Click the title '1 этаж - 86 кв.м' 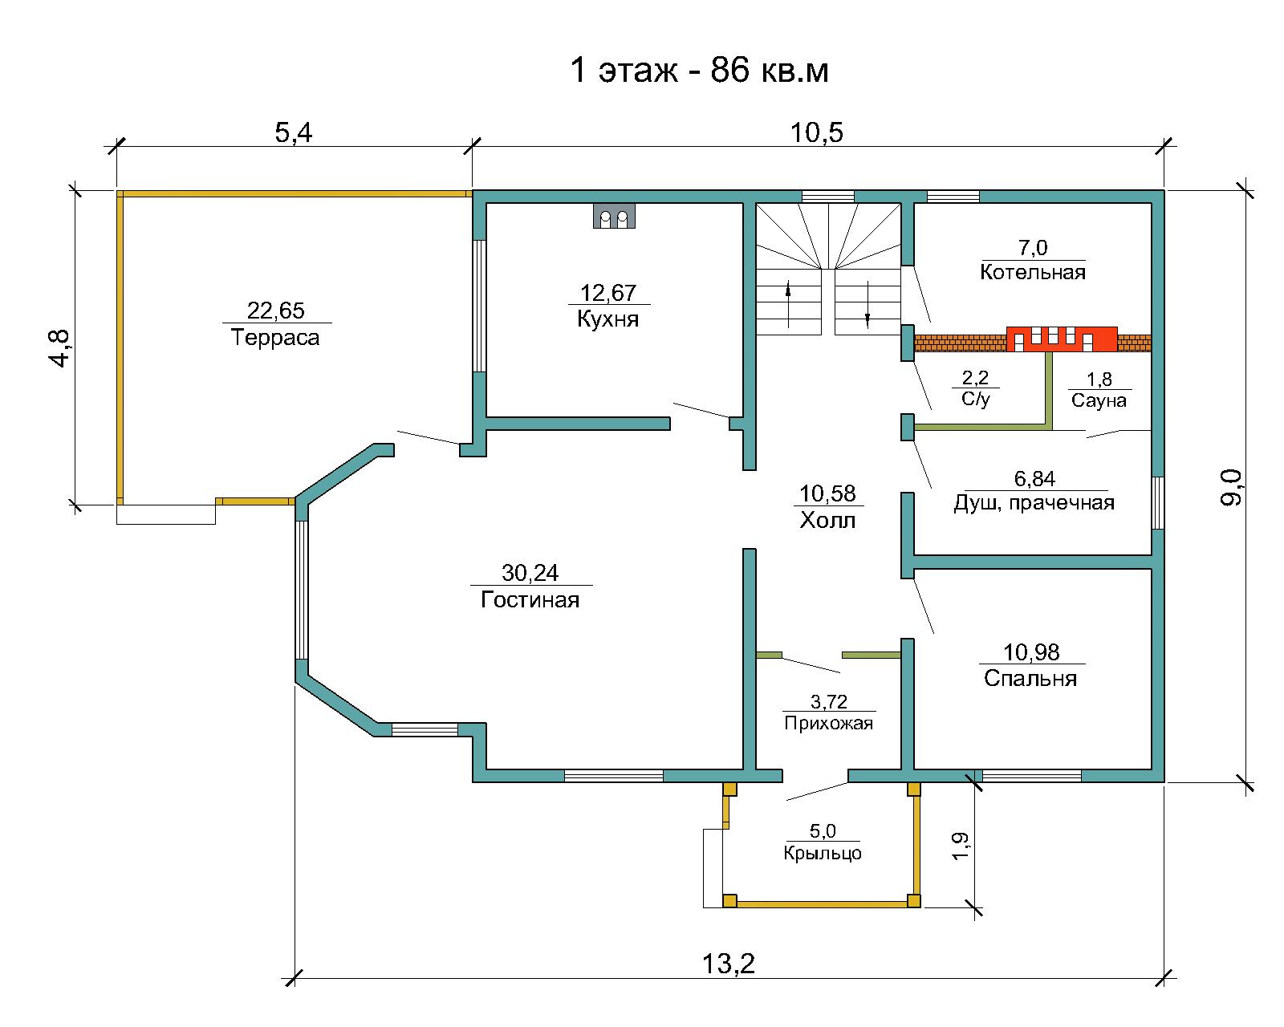click(x=699, y=71)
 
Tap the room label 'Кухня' click(x=608, y=319)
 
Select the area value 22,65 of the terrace click(x=275, y=311)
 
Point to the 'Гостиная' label click(x=530, y=599)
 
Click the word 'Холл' click(x=827, y=521)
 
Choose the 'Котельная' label click(x=1033, y=272)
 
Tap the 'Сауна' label click(x=1099, y=400)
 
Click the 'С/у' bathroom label click(x=976, y=399)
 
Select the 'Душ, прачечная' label click(x=1034, y=503)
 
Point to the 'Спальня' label click(x=1030, y=679)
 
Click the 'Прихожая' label click(x=829, y=723)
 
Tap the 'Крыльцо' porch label click(x=823, y=853)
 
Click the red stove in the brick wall click(x=1062, y=339)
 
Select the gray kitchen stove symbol click(x=614, y=215)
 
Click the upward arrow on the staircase click(x=788, y=304)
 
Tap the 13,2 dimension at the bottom click(x=728, y=963)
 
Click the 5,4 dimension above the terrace click(x=294, y=132)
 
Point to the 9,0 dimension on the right click(x=1232, y=487)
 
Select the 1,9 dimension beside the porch click(x=961, y=846)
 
